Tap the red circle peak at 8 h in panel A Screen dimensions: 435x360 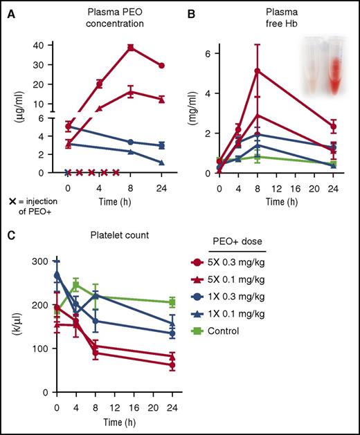tap(130, 47)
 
